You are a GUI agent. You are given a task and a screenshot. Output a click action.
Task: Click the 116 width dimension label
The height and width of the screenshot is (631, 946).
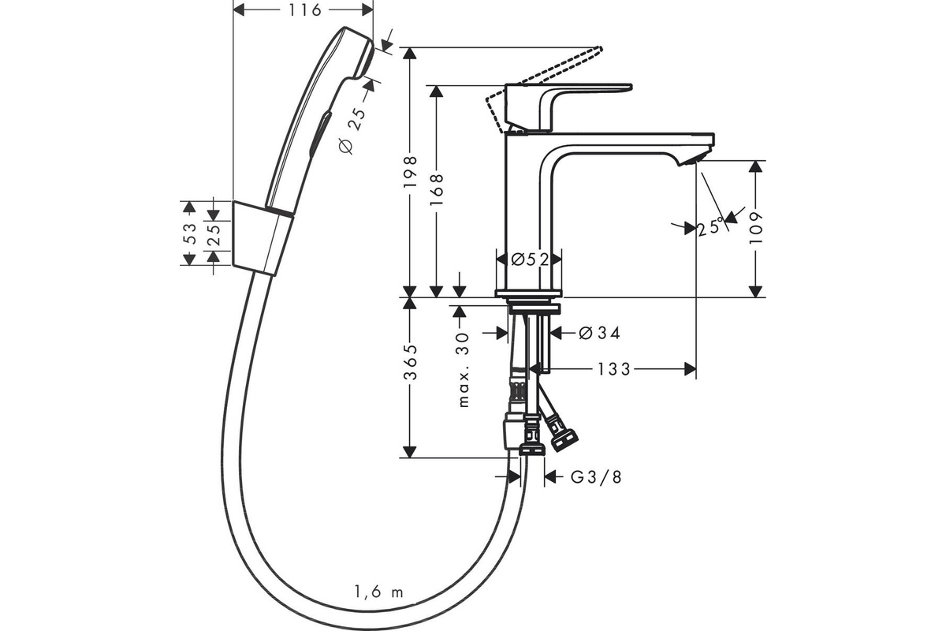(305, 10)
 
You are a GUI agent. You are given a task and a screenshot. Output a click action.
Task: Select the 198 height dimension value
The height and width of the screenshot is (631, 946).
(410, 172)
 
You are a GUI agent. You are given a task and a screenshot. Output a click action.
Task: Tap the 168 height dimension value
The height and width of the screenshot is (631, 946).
(436, 190)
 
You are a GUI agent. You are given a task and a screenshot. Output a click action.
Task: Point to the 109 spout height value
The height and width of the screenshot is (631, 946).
(755, 228)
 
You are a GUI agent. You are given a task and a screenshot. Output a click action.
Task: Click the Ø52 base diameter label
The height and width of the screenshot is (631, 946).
(530, 259)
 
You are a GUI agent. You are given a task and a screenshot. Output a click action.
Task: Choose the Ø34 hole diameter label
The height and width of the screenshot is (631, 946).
(600, 333)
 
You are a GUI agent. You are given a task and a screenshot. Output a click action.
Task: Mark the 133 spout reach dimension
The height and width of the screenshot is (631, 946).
(614, 369)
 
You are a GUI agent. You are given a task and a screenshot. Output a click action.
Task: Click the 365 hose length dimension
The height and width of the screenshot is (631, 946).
(410, 362)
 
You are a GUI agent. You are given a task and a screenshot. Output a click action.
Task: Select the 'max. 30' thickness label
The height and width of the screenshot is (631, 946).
(464, 370)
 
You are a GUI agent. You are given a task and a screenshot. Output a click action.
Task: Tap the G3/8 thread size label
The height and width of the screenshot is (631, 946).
(596, 477)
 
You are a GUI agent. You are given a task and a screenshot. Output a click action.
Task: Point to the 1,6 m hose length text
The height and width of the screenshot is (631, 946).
(379, 592)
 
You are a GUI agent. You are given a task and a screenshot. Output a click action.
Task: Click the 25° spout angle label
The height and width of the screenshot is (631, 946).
(711, 227)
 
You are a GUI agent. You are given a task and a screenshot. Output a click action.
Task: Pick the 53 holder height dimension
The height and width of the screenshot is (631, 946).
(191, 233)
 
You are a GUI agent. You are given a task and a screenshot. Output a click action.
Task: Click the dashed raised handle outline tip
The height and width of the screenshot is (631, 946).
(599, 49)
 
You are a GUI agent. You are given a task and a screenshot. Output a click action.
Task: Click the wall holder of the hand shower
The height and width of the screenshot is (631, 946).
(262, 238)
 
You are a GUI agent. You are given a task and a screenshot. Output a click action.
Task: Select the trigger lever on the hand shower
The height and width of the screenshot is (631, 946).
(320, 132)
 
